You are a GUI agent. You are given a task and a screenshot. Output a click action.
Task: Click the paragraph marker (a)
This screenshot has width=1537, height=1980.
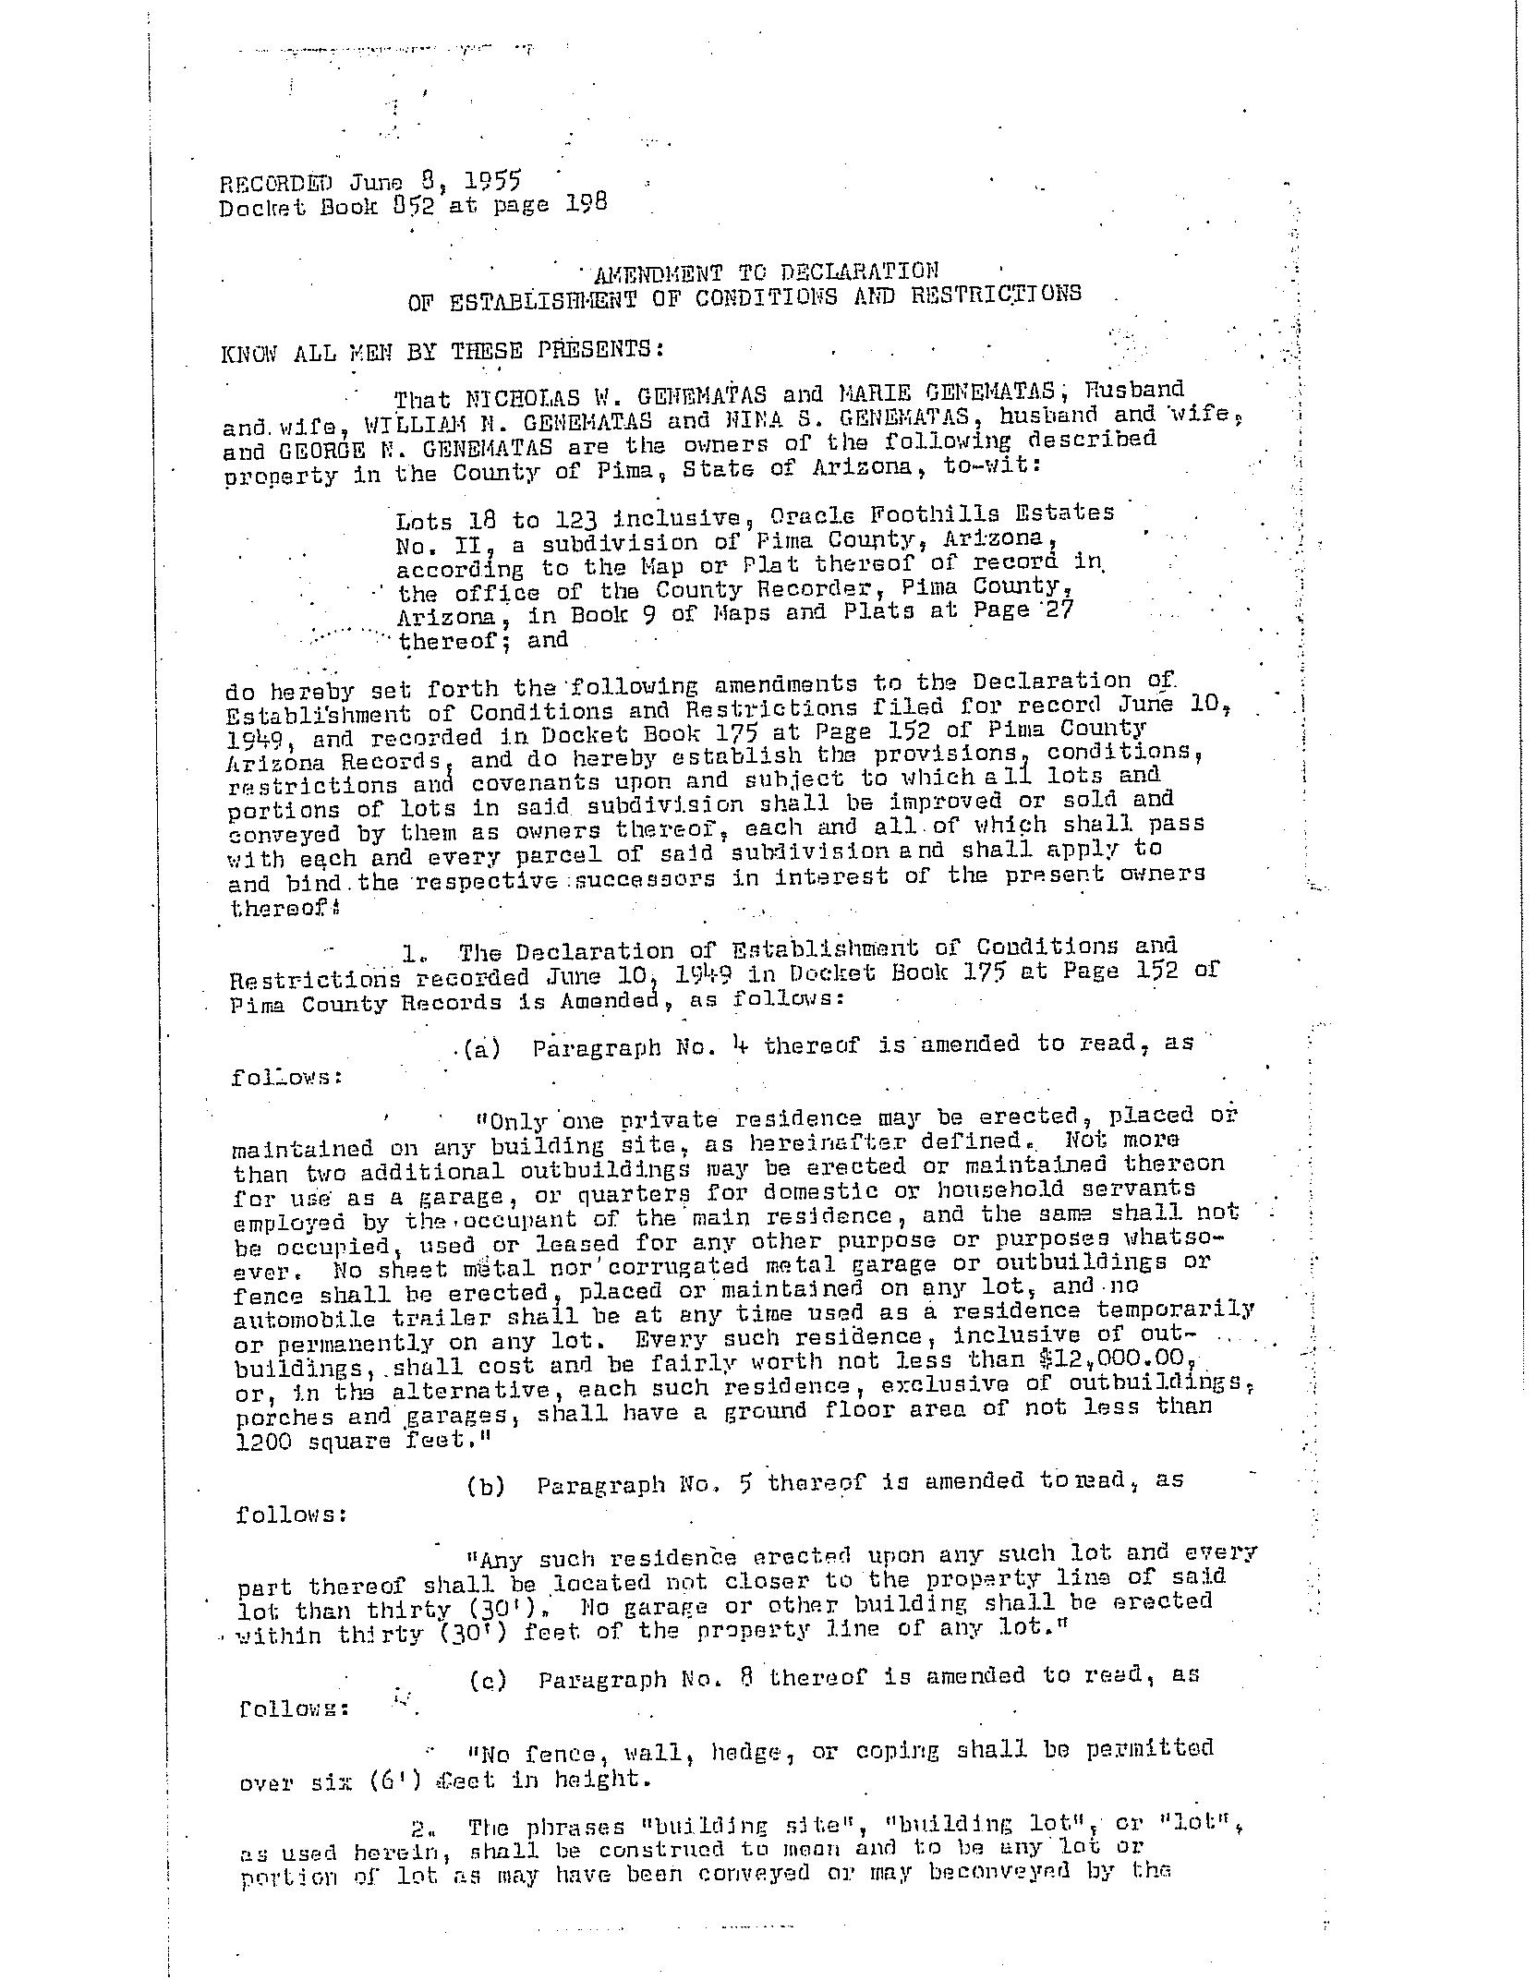481,1050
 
